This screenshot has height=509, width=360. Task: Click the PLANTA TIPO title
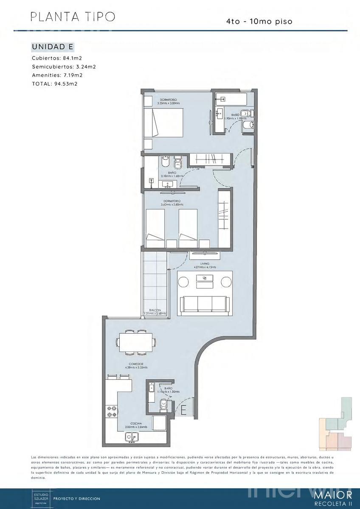(x=73, y=17)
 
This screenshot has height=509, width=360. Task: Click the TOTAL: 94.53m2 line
(x=54, y=84)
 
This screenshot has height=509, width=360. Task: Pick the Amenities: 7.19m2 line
(x=57, y=75)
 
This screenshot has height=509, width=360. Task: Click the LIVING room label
(x=205, y=264)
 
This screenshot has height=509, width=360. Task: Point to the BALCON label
(x=155, y=310)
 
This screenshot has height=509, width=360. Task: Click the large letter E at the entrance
(x=183, y=410)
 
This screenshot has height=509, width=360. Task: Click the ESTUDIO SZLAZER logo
(x=42, y=499)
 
